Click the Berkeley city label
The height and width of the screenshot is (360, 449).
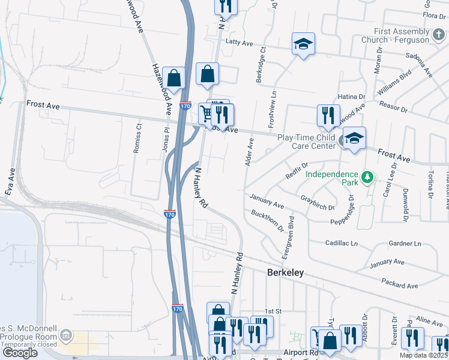point(285,272)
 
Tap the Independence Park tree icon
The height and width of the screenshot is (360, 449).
point(366,177)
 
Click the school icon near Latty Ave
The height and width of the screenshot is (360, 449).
point(304,43)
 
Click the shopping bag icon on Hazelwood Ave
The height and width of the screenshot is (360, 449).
point(173,78)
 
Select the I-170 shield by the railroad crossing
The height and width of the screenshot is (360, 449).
point(170,213)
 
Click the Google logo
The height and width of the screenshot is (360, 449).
point(20,353)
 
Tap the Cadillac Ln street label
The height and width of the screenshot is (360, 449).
point(341,244)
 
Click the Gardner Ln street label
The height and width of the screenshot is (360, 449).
point(405,244)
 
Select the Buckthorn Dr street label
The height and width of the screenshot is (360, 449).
point(268,221)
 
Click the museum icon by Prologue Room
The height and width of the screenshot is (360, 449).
point(65,334)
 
